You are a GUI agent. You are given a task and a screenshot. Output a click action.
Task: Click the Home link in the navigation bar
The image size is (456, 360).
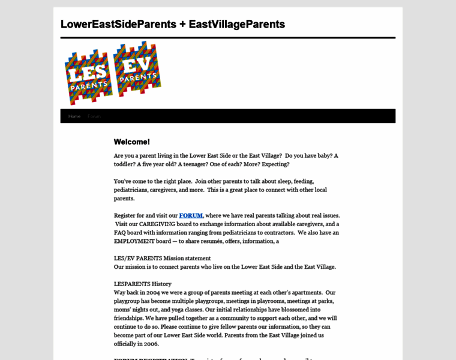[74, 116]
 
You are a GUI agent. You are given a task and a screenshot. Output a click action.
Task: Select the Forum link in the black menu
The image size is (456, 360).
[94, 116]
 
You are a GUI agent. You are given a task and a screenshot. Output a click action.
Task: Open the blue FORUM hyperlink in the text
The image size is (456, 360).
[191, 215]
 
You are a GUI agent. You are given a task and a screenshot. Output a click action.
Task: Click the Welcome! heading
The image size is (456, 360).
[132, 142]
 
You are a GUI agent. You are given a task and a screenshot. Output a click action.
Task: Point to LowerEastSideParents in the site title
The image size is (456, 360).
[118, 25]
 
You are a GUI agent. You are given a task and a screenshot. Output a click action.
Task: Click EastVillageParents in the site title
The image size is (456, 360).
[237, 25]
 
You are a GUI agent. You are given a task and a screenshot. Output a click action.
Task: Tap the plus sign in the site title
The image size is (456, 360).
[182, 25]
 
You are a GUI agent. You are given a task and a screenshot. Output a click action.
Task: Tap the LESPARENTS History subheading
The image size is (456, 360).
[143, 284]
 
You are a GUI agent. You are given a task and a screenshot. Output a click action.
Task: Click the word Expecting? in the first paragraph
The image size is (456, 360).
[271, 164]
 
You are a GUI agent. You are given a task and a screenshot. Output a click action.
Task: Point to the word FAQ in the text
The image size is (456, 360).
[121, 232]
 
